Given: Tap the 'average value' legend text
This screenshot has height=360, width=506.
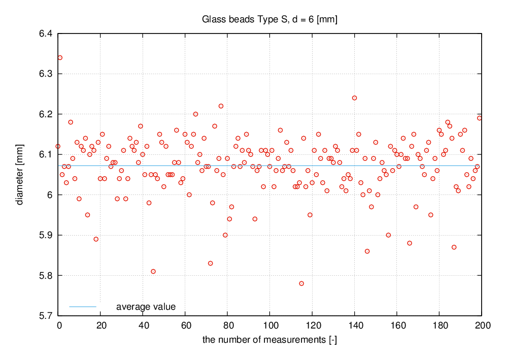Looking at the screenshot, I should (146, 307).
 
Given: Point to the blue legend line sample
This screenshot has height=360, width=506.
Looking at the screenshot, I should (83, 307).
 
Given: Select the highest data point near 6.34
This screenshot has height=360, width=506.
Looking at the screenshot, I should (60, 57).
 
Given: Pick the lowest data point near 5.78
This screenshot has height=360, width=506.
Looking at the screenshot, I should (301, 283).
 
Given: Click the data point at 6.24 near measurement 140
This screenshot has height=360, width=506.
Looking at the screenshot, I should (354, 98).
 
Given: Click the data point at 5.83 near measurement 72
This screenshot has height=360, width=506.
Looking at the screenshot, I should (211, 263).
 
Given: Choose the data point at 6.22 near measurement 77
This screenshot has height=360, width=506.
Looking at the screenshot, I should (221, 106).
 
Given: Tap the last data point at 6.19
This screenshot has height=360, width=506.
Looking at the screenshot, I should (479, 118).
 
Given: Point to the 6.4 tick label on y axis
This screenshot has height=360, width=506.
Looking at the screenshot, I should (46, 34).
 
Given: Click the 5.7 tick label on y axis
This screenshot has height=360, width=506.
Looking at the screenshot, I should (46, 316).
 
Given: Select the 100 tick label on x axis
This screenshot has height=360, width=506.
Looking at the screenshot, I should (269, 325).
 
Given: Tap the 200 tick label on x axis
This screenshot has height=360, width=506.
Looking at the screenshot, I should (481, 325).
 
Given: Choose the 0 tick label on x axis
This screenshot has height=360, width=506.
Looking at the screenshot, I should (59, 325).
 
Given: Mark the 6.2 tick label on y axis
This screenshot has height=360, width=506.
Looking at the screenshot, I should (46, 114).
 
